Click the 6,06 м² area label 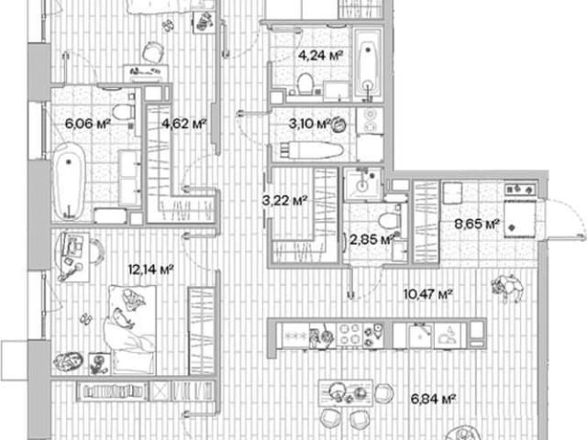tap(87, 123)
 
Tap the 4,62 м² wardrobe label tap(184, 123)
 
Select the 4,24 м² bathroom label tap(320, 55)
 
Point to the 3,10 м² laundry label tap(310, 124)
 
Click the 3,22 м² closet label tap(285, 201)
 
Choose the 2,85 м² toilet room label tap(371, 239)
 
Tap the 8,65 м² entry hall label tap(477, 224)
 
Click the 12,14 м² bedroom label tap(150, 269)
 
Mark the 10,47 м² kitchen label tap(428, 294)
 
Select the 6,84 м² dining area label tap(433, 400)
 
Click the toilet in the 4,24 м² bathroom tap(305, 83)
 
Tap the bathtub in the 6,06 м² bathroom tap(70, 181)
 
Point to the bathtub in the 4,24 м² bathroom tap(369, 65)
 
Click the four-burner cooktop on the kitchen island tap(349, 335)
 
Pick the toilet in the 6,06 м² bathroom tap(124, 112)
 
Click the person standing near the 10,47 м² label tap(507, 288)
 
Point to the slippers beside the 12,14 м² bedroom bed tap(86, 319)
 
